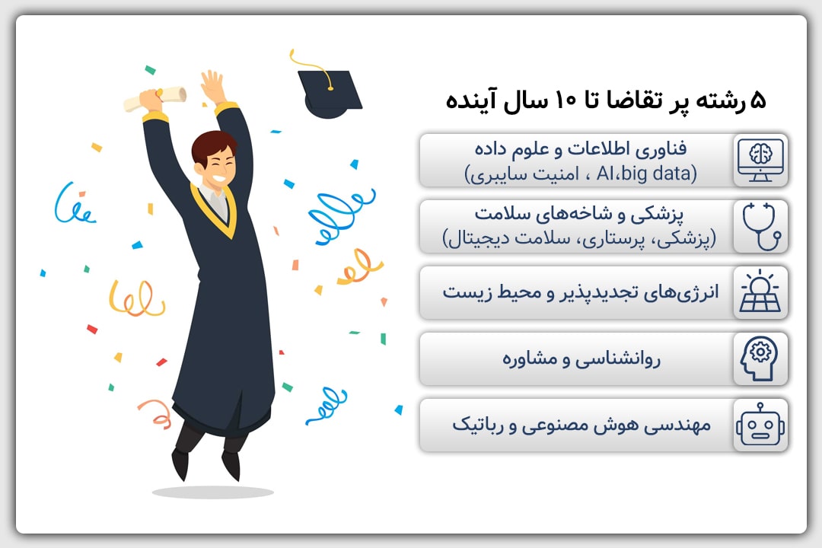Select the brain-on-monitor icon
[760, 161]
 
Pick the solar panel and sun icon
[760, 292]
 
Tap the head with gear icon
[759, 358]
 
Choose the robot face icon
[760, 425]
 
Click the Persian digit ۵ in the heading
[758, 100]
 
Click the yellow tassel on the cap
[312, 69]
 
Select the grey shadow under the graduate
[213, 492]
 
